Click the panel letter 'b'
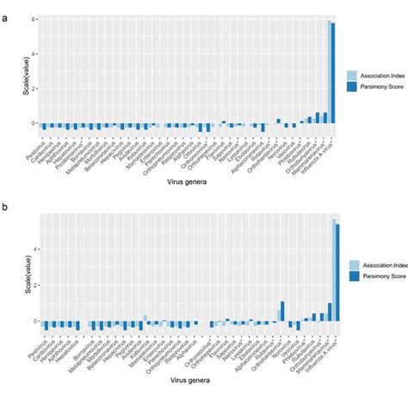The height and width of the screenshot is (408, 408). pyautogui.click(x=6, y=207)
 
